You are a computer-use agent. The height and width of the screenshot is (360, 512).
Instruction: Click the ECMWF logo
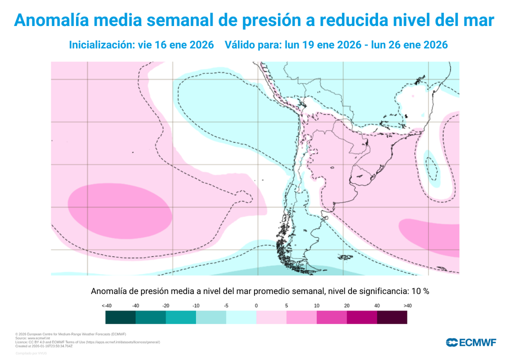(x=471, y=342)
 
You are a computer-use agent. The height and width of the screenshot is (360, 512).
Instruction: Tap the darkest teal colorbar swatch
(x=120, y=317)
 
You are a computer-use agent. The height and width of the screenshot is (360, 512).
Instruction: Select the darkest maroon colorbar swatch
(x=391, y=317)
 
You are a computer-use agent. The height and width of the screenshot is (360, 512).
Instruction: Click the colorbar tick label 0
(x=256, y=305)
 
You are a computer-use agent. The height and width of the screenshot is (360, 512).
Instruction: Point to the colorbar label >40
(x=406, y=305)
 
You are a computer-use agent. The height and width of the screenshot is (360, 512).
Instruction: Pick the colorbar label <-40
(x=105, y=305)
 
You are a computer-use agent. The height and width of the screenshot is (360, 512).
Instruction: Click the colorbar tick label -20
(x=165, y=305)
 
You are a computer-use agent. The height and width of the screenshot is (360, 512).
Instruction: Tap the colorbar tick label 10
(x=316, y=305)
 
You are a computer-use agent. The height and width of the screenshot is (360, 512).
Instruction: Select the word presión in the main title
(x=276, y=20)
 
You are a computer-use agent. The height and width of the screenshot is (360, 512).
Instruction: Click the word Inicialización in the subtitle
(x=100, y=44)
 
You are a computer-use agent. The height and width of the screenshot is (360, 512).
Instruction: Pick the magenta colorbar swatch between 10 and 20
(x=331, y=317)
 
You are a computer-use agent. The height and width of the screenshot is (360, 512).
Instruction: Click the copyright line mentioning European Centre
(x=70, y=334)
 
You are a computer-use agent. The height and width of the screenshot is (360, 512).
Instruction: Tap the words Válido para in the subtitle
(x=253, y=44)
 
